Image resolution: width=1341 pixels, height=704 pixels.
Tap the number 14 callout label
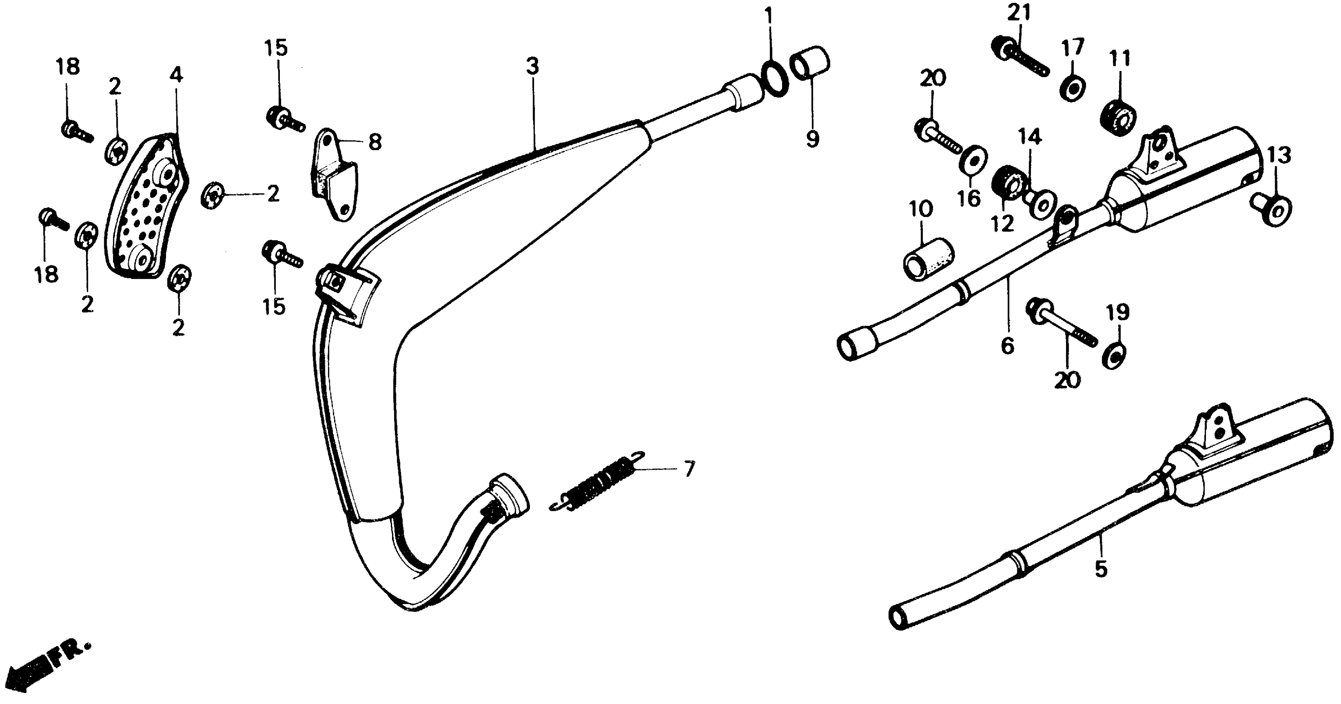[x=1030, y=137]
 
